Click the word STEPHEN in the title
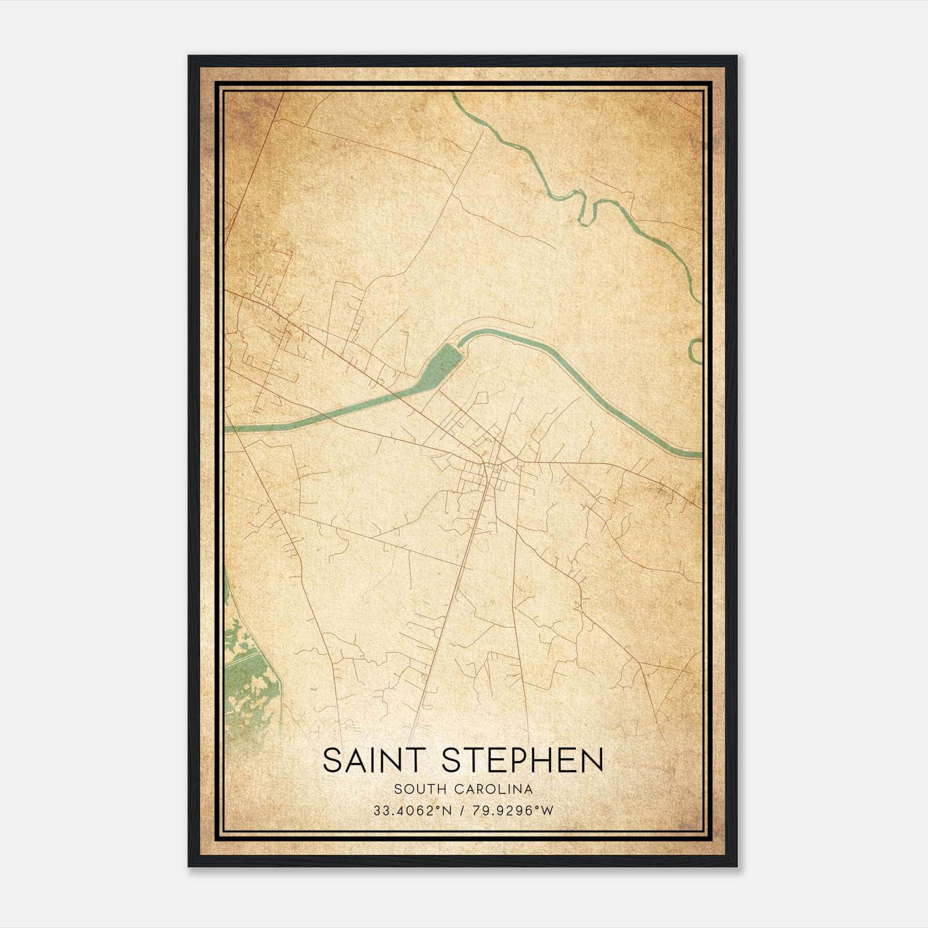(522, 760)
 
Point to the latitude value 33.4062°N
(412, 810)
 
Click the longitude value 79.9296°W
(513, 810)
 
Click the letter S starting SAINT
(332, 760)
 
